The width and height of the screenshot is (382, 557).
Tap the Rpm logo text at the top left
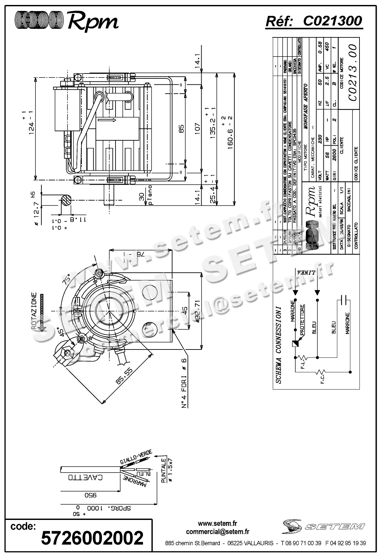coord(93,22)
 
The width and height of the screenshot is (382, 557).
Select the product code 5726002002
coord(92,537)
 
